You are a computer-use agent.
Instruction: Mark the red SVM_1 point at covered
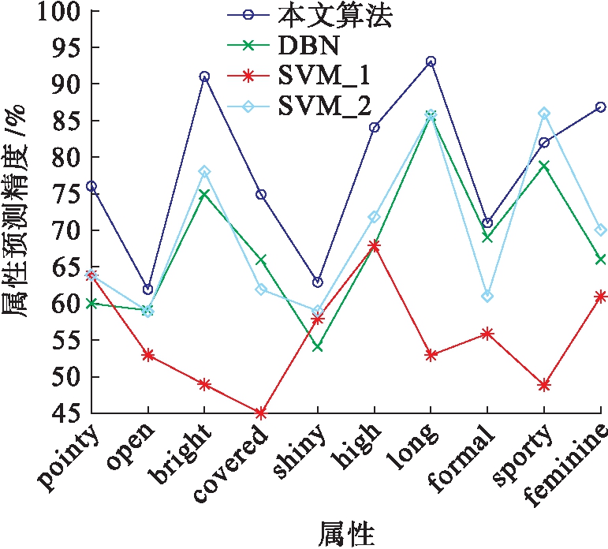point(261,413)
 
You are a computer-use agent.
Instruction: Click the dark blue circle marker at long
point(431,62)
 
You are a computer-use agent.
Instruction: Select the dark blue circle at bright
point(204,77)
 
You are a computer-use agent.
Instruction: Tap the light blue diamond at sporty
point(544,114)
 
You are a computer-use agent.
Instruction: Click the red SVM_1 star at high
point(374,245)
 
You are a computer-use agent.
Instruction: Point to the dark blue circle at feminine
point(600,106)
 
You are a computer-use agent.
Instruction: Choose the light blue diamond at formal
point(487,297)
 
